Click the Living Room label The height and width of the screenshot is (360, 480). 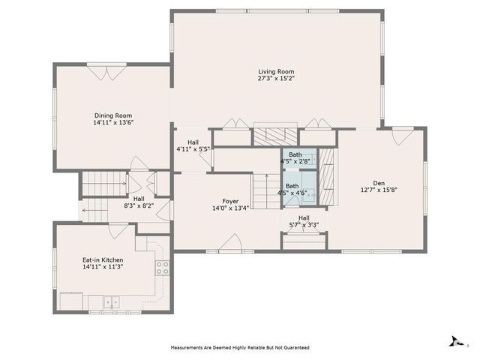pyautogui.click(x=276, y=70)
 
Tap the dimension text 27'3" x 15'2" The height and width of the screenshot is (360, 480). pyautogui.click(x=276, y=78)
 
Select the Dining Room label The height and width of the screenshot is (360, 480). pyautogui.click(x=113, y=115)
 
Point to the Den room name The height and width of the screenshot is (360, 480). pyautogui.click(x=379, y=182)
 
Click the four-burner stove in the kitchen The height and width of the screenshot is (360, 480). pyautogui.click(x=161, y=268)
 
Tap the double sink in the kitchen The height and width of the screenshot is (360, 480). pyautogui.click(x=111, y=302)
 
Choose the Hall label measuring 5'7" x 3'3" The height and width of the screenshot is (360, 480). pyautogui.click(x=304, y=221)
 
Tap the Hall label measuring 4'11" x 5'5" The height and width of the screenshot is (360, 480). pyautogui.click(x=193, y=145)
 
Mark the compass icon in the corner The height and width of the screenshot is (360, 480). pyautogui.click(x=454, y=341)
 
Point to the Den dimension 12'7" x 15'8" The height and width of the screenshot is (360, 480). pyautogui.click(x=379, y=190)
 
